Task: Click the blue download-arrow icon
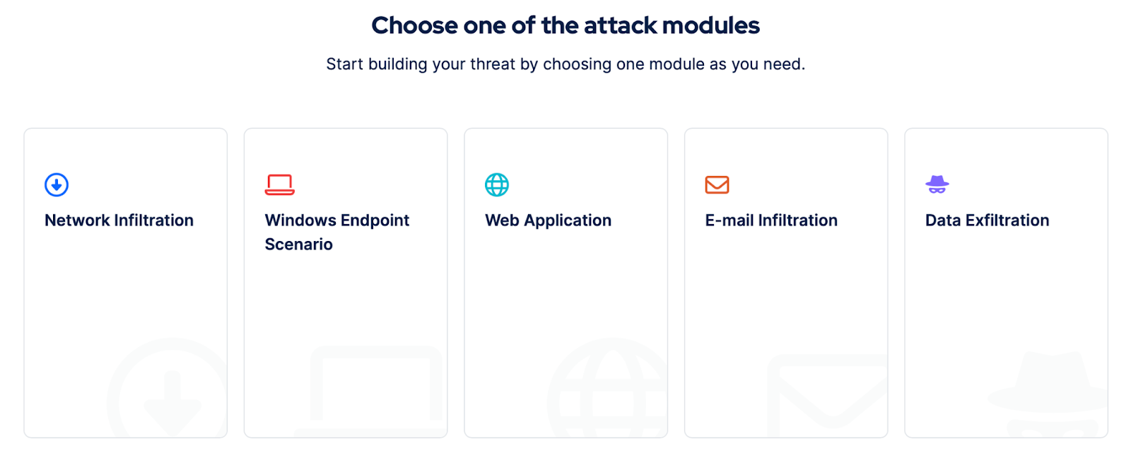point(57,185)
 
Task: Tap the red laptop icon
point(280,185)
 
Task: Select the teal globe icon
point(497,185)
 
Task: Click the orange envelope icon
point(717,185)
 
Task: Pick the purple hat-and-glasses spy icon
point(937,185)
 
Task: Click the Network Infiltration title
point(119,220)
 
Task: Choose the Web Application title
point(549,221)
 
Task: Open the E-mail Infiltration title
point(771,220)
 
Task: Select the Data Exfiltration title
point(987,220)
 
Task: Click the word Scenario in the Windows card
point(299,245)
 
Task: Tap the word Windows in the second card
point(300,220)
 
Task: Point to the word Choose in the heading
point(414,25)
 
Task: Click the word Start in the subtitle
point(345,64)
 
